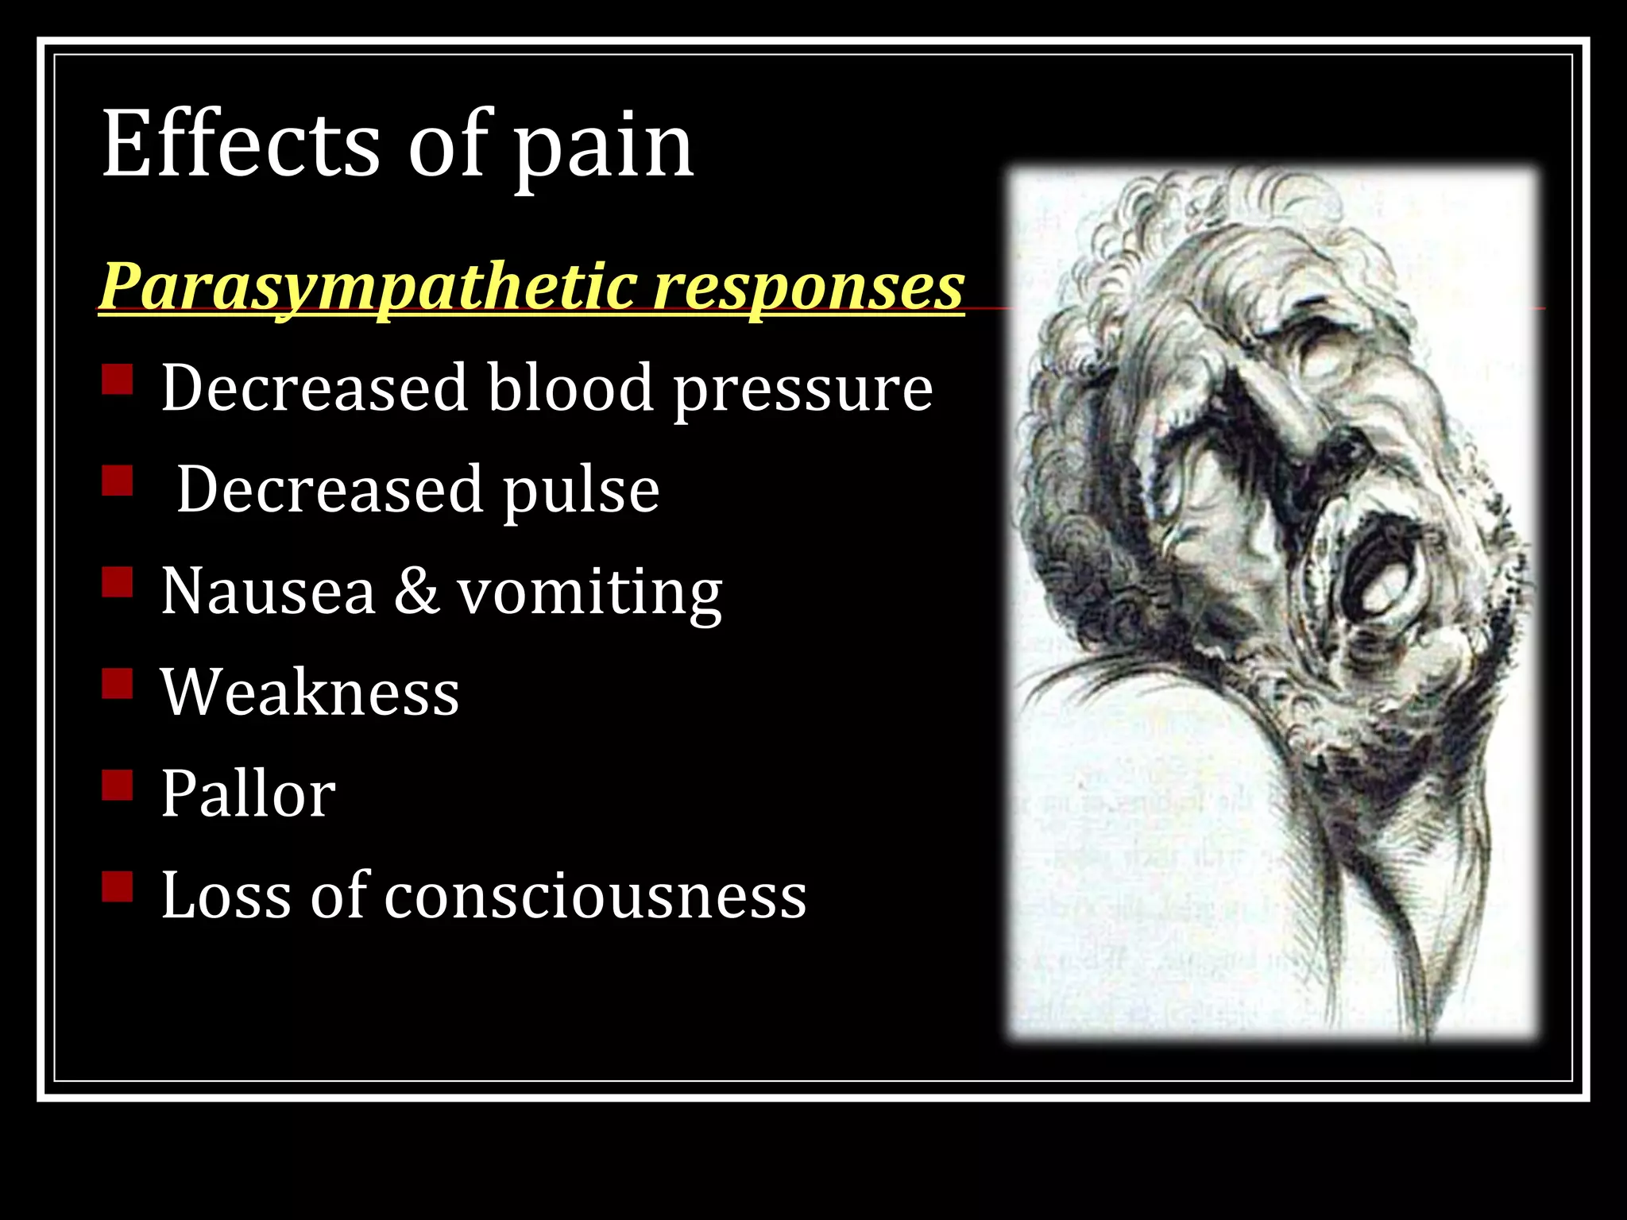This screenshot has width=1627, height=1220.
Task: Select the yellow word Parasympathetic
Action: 366,288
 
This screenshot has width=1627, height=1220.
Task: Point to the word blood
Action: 570,388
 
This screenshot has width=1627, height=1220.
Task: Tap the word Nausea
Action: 268,592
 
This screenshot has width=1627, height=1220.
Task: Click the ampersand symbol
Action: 416,592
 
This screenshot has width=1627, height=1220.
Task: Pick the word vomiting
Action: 589,594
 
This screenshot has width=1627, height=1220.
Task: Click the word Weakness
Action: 310,693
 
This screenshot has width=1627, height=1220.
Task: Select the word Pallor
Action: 248,793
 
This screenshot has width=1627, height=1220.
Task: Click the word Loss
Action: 226,895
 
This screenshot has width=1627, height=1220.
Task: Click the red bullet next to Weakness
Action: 118,683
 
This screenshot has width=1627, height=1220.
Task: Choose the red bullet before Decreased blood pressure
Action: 118,379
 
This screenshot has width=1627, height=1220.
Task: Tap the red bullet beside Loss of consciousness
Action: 118,886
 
